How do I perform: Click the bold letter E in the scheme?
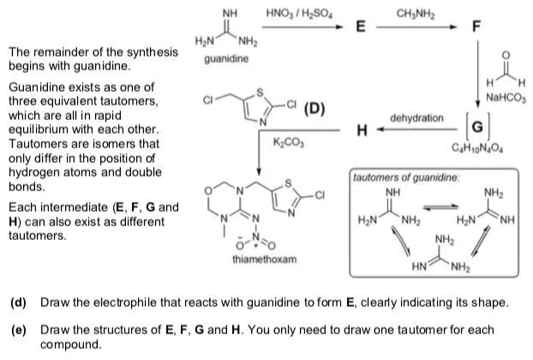[362, 27]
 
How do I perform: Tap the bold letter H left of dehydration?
[362, 130]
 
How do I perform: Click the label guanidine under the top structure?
[226, 59]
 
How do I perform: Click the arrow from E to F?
[420, 27]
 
